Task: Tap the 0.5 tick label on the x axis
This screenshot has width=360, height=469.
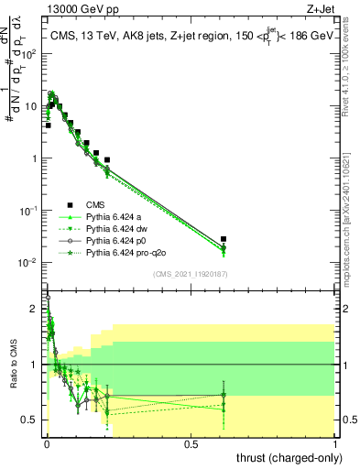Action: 191,444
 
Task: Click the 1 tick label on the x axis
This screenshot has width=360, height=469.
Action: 335,444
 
